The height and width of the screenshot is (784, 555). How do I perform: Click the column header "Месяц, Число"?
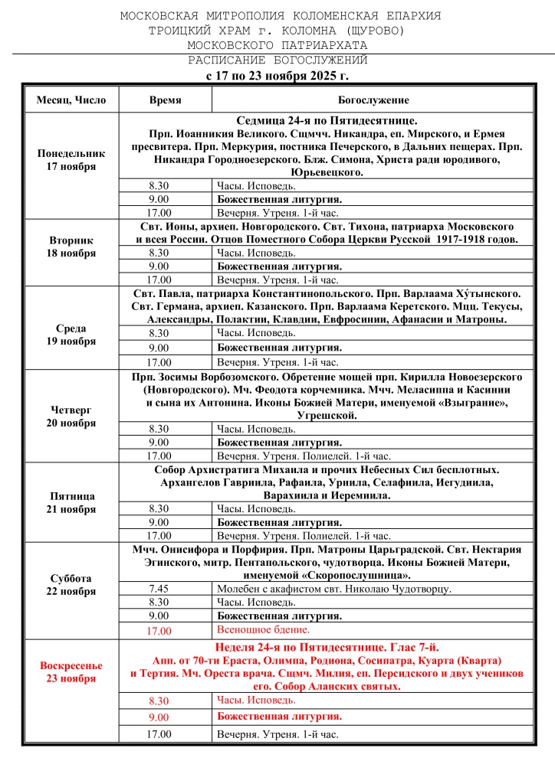coord(71,100)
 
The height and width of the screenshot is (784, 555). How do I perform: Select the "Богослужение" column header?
coord(373,100)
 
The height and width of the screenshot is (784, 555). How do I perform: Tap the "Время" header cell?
coord(165,100)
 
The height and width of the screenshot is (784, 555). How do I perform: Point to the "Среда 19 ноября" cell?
coord(71,335)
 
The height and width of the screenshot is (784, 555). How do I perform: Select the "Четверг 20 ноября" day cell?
coord(71,416)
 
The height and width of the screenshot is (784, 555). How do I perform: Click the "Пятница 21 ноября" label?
coord(71,502)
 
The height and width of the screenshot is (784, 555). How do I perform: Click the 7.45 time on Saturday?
coord(159,589)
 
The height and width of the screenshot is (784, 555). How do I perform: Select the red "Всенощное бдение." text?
coord(263,629)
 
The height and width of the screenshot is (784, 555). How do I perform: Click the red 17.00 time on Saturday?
coord(159,631)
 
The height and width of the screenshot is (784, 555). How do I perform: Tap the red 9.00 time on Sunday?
coord(159,717)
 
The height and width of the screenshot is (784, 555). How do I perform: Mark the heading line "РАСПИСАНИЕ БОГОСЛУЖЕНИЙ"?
coord(277,60)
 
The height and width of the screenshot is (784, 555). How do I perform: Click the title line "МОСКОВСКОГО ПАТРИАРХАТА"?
coord(277,45)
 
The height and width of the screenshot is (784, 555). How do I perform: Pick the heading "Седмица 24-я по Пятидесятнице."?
coord(325,121)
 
